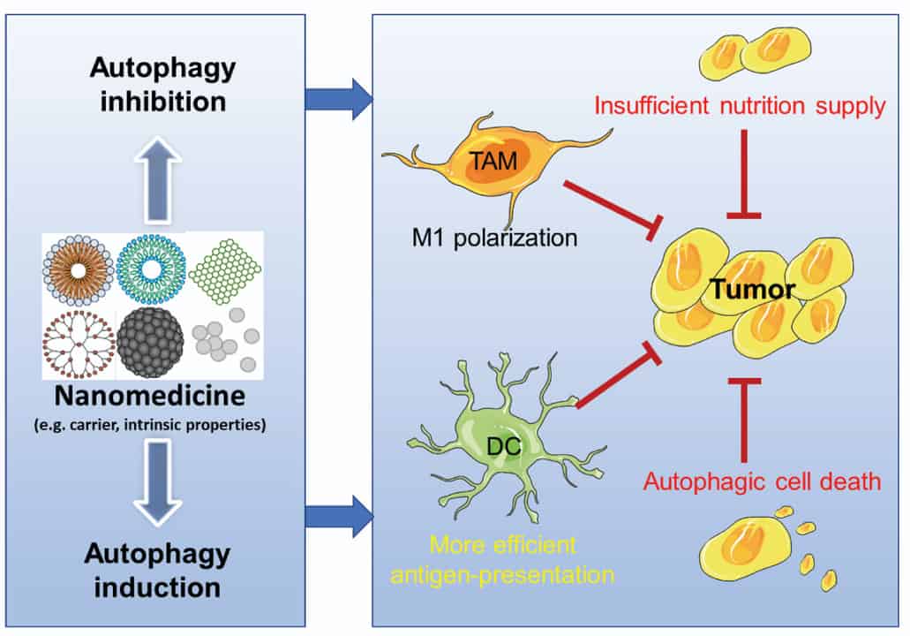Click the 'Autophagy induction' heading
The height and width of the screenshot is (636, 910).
point(156,571)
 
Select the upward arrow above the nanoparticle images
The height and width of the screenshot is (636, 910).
point(156,180)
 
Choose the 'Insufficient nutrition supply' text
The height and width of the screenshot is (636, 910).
point(740,107)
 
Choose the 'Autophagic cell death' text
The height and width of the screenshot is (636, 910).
point(738,483)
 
